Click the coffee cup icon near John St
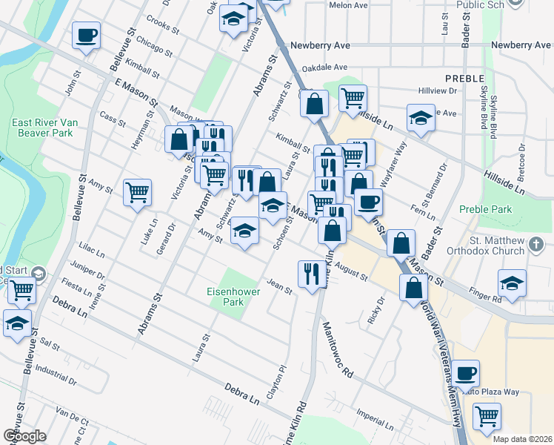(86, 35)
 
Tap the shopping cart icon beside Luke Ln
(138, 193)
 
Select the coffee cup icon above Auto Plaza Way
(466, 373)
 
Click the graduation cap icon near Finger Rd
(511, 283)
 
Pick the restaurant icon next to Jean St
(308, 274)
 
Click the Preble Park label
(485, 210)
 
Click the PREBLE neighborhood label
(464, 77)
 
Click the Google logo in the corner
(24, 436)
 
